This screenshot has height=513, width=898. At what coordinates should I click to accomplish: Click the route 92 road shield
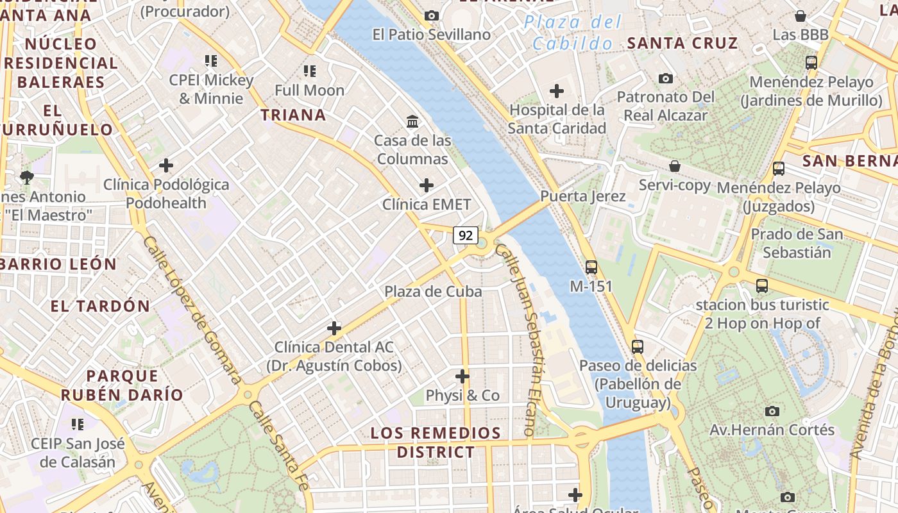coord(466,235)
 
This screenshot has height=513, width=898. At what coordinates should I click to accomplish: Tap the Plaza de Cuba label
coord(433,292)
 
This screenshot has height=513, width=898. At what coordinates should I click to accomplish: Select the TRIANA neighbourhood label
coord(293,115)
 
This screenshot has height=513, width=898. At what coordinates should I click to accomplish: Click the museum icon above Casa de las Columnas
coord(412,121)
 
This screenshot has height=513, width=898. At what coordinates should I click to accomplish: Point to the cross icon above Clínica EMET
coord(427,186)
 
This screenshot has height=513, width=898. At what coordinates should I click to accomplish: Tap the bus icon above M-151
coord(591,267)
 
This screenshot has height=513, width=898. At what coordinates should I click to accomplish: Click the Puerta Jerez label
coord(582,196)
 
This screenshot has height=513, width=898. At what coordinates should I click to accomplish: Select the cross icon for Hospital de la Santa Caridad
coord(557,91)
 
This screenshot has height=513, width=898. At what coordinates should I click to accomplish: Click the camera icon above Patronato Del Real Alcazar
coord(666,78)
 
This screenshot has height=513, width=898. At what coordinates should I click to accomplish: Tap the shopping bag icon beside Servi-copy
coord(675,166)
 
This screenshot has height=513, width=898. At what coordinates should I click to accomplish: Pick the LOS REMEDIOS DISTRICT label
coord(436,442)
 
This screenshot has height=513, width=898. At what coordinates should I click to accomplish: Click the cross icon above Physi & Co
coord(462,376)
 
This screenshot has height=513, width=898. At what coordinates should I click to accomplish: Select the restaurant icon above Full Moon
coord(310,71)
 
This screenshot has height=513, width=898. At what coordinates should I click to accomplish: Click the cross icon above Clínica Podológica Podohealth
coord(166,166)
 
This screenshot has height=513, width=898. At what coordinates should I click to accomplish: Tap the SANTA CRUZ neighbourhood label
coord(682,44)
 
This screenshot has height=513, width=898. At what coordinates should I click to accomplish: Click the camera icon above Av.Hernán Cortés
coord(772,411)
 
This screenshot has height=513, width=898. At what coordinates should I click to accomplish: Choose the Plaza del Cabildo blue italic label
coord(573,33)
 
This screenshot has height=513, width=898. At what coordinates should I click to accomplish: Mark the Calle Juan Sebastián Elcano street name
coord(524,341)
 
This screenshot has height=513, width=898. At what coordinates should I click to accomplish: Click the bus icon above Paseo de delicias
coord(638,347)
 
